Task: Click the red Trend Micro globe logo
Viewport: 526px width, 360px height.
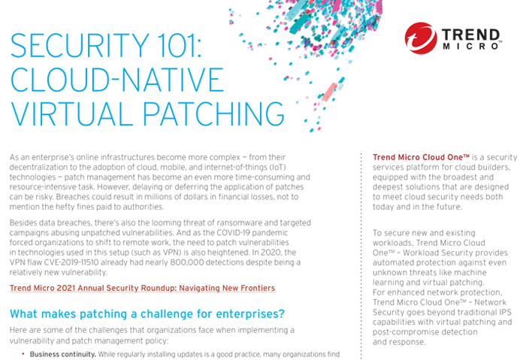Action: pyautogui.click(x=421, y=38)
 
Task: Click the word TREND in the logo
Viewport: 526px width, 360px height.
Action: pyautogui.click(x=470, y=35)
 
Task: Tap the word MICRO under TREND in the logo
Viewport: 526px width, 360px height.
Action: pyautogui.click(x=470, y=47)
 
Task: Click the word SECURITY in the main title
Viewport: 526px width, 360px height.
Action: pyautogui.click(x=80, y=46)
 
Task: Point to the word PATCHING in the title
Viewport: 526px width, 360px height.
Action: pyautogui.click(x=214, y=113)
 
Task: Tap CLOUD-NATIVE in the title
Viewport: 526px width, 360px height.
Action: pyautogui.click(x=117, y=80)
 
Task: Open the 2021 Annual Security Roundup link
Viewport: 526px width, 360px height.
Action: pyautogui.click(x=142, y=288)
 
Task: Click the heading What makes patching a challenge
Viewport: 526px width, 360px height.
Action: pyautogui.click(x=147, y=314)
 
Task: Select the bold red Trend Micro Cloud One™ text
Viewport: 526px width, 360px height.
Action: pyautogui.click(x=421, y=157)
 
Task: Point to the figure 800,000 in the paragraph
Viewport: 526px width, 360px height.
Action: pyautogui.click(x=187, y=262)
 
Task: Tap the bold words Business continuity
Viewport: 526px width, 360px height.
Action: pyautogui.click(x=62, y=354)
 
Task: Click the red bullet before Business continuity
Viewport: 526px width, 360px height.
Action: pyautogui.click(x=23, y=354)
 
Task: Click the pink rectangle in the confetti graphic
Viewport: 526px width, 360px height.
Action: pyautogui.click(x=329, y=92)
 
